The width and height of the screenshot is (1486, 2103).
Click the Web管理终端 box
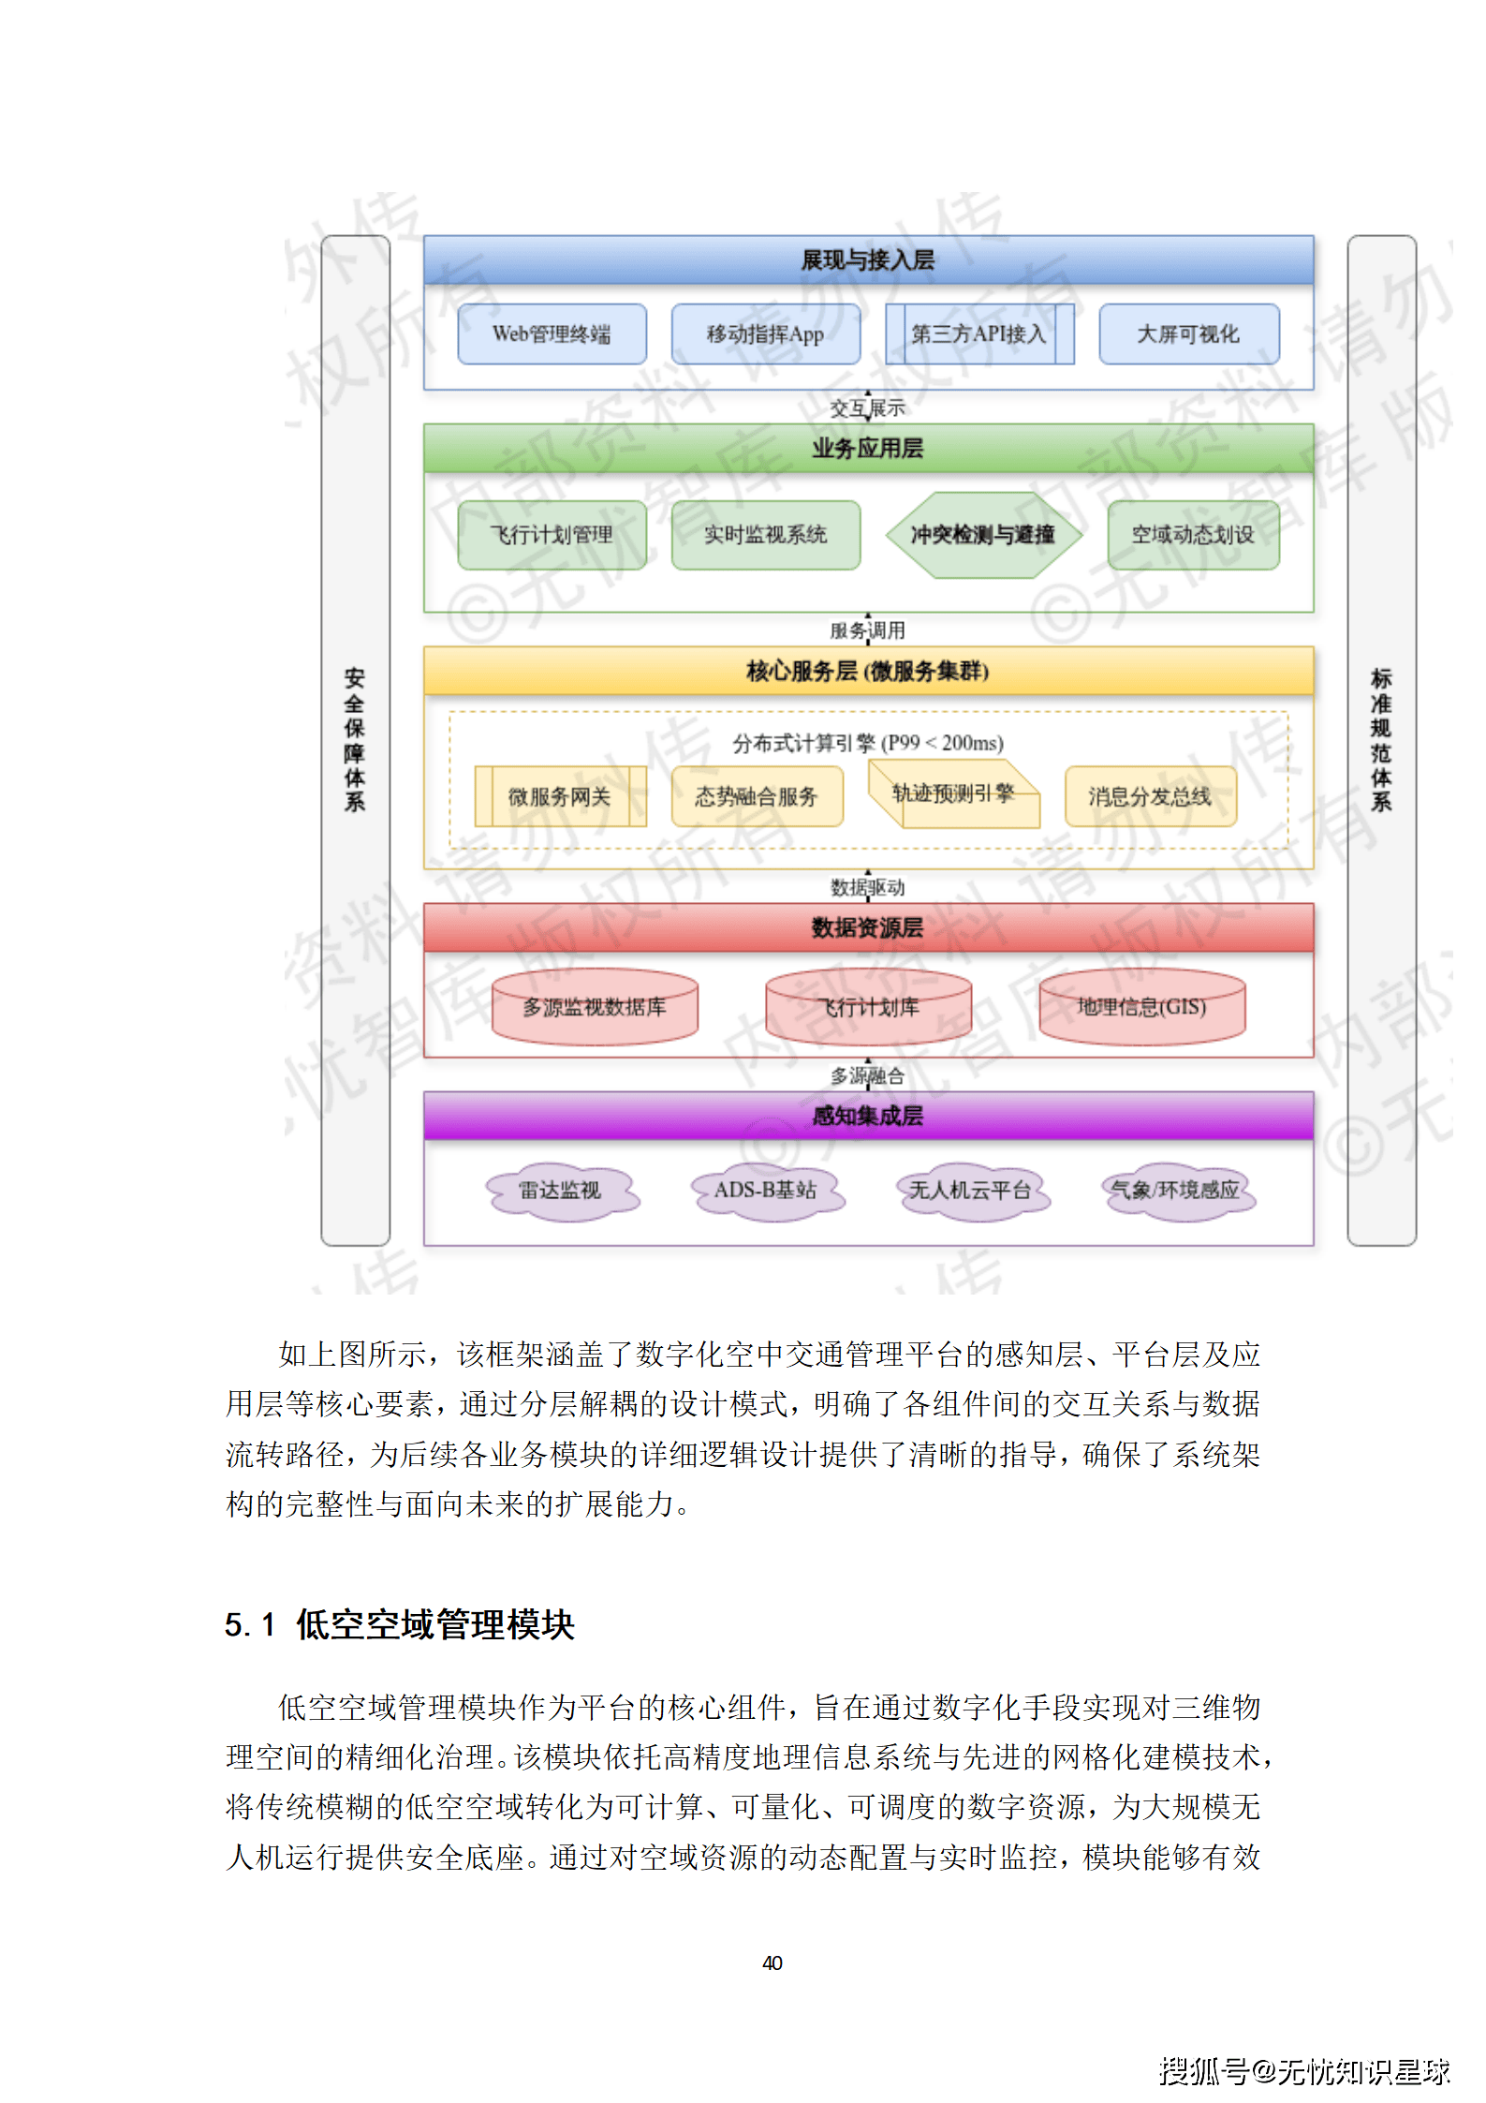click(552, 334)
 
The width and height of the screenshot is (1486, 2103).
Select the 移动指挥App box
click(765, 334)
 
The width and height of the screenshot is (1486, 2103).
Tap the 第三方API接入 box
click(978, 334)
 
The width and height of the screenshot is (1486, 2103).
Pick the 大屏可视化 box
click(1188, 334)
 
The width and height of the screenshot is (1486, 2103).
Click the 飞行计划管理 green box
click(552, 535)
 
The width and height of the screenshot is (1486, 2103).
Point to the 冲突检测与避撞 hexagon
click(983, 535)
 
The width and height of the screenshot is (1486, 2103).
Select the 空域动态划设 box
click(1193, 535)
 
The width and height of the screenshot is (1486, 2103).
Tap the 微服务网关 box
click(560, 796)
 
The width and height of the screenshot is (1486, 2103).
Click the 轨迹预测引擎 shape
click(953, 794)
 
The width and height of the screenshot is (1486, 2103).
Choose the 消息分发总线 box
click(1150, 796)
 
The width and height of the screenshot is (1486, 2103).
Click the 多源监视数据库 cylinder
click(595, 1007)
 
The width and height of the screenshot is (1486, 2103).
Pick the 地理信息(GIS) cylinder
click(1141, 1007)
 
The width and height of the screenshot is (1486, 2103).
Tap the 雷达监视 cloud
click(561, 1191)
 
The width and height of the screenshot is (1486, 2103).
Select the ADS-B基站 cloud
click(766, 1191)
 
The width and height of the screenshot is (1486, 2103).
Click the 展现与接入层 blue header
click(868, 260)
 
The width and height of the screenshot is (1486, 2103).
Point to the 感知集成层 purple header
click(868, 1116)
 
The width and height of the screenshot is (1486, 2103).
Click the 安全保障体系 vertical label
click(355, 740)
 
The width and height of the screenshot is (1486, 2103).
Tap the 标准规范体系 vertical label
click(1381, 740)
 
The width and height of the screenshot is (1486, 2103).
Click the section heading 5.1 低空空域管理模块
click(400, 1624)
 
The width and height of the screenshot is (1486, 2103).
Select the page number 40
click(772, 1962)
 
